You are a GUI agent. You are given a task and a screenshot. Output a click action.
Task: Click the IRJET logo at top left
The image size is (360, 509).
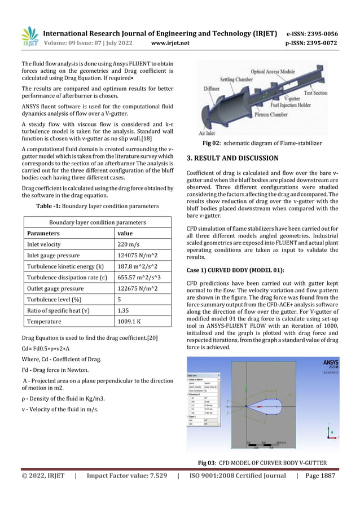[x=29, y=37]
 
